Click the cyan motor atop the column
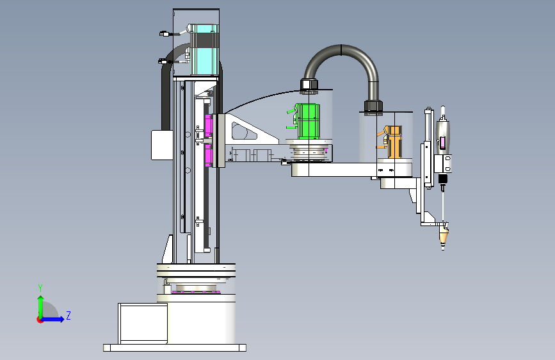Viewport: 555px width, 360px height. click(x=204, y=49)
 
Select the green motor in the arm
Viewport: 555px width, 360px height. click(x=308, y=121)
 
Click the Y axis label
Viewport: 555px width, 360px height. click(x=40, y=288)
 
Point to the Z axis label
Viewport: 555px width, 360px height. click(x=68, y=315)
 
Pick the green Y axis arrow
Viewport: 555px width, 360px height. click(x=41, y=307)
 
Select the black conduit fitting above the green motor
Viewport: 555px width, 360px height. click(x=309, y=86)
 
